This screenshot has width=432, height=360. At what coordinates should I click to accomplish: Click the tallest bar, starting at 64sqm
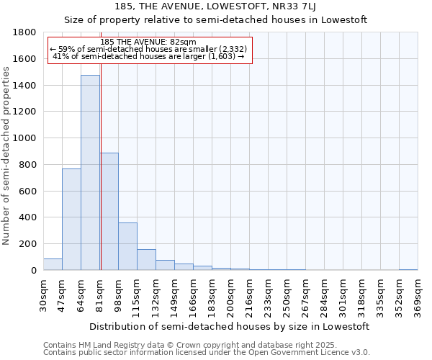click(90, 173)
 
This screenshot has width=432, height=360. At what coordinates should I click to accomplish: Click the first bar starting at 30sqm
click(53, 264)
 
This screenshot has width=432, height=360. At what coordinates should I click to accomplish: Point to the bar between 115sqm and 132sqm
click(146, 260)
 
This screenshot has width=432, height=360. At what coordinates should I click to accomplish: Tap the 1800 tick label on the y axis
click(25, 32)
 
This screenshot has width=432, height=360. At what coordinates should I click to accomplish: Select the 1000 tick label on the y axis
click(25, 138)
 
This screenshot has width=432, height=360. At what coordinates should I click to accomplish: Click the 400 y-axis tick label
click(28, 217)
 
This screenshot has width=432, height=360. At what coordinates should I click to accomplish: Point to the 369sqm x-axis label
click(418, 296)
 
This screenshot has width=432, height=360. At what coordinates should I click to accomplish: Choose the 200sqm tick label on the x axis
click(230, 296)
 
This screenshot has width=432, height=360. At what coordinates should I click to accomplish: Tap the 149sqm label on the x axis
click(174, 296)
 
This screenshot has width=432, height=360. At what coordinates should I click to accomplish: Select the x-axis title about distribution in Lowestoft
click(230, 326)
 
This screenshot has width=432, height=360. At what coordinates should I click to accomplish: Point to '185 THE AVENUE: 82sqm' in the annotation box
click(148, 42)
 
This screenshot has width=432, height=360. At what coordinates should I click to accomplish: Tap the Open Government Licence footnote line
click(207, 353)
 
